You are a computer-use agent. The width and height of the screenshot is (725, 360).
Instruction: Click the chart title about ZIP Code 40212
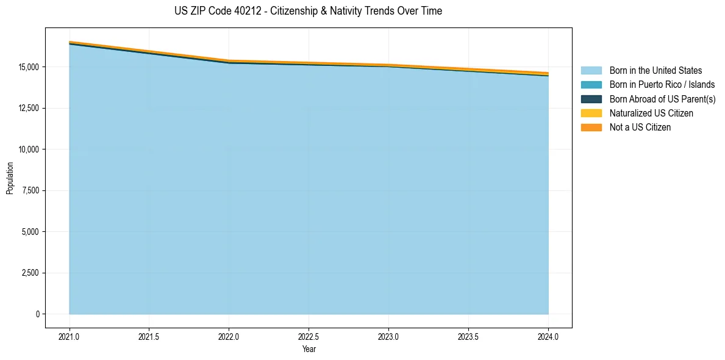click(308, 11)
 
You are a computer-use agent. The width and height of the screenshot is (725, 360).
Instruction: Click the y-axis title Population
click(10, 178)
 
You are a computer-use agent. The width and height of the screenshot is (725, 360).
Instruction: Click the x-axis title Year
click(309, 349)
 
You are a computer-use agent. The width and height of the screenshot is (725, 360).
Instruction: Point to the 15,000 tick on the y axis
click(27, 67)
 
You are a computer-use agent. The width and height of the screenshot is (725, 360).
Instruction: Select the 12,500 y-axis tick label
click(27, 108)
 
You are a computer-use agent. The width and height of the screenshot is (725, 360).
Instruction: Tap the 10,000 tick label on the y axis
click(27, 149)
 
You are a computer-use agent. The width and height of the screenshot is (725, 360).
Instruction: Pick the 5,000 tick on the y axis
click(29, 232)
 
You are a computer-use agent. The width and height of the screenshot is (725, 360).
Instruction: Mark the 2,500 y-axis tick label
click(29, 273)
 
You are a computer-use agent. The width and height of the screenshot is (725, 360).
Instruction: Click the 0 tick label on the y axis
click(37, 314)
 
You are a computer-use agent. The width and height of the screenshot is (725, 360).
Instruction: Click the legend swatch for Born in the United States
click(591, 71)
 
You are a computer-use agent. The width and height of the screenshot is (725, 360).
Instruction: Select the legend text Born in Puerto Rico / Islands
click(662, 85)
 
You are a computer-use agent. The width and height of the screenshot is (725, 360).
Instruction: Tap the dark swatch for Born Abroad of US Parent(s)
click(591, 99)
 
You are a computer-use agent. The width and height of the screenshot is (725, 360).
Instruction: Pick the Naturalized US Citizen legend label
click(651, 113)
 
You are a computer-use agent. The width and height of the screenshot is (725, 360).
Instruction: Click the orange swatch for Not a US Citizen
click(591, 128)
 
